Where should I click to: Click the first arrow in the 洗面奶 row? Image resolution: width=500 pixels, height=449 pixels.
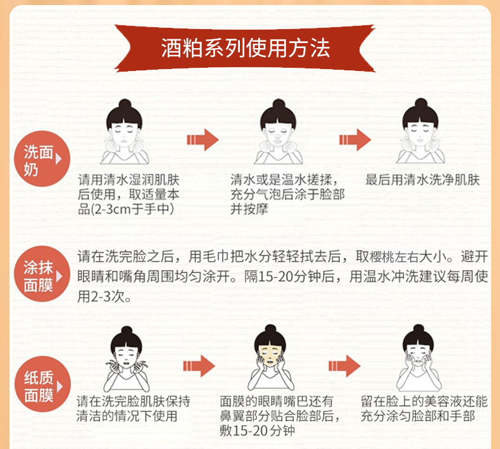[x=203, y=139]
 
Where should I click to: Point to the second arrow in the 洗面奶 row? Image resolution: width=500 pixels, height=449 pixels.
[x=354, y=139]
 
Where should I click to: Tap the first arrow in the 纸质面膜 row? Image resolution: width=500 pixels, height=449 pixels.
[x=199, y=366]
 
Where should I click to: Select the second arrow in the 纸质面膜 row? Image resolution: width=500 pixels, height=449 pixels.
[x=344, y=366]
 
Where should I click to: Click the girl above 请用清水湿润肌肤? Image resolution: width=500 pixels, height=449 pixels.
[x=124, y=133]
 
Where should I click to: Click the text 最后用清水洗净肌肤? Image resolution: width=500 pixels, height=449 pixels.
[x=423, y=180]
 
